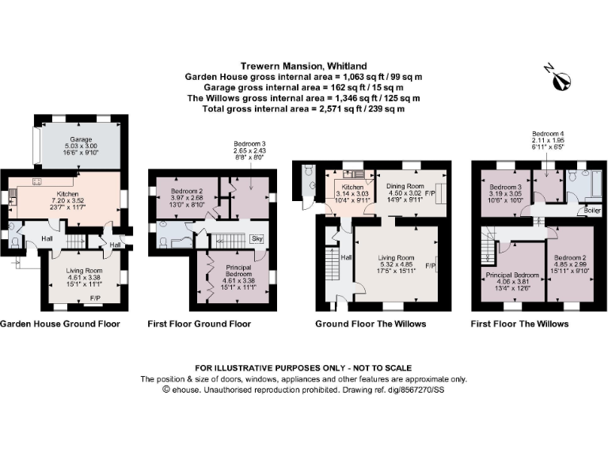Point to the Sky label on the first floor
point(256,237)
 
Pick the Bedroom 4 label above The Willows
point(549,133)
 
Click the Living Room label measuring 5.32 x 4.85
point(396,258)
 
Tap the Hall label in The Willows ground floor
point(345,257)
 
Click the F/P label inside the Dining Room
point(431,192)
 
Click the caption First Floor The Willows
point(519,324)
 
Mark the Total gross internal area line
point(304,108)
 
